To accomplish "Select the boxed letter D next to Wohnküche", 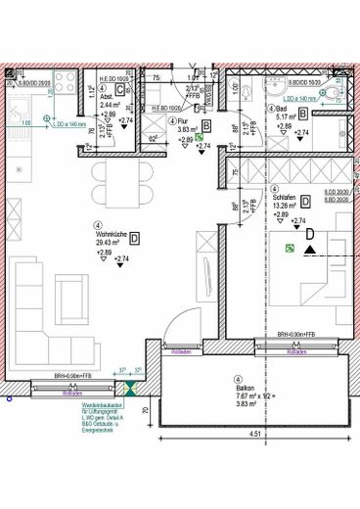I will pyautogui.click(x=135, y=238).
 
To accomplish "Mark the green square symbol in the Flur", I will pyautogui.click(x=199, y=139).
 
